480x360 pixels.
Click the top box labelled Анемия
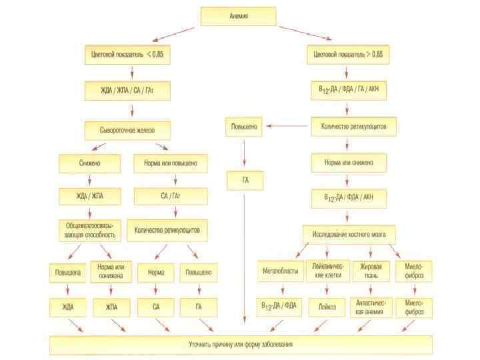(238, 17)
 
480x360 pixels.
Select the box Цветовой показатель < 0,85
(127, 53)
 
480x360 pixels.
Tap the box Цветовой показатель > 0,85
(348, 53)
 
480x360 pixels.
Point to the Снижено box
(90, 163)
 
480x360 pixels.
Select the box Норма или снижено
(349, 163)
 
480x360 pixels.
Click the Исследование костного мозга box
(349, 234)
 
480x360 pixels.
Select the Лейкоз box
(327, 307)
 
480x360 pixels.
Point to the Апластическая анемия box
(371, 307)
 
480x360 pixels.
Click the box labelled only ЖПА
(109, 307)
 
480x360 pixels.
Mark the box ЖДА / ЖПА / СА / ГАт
(127, 90)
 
